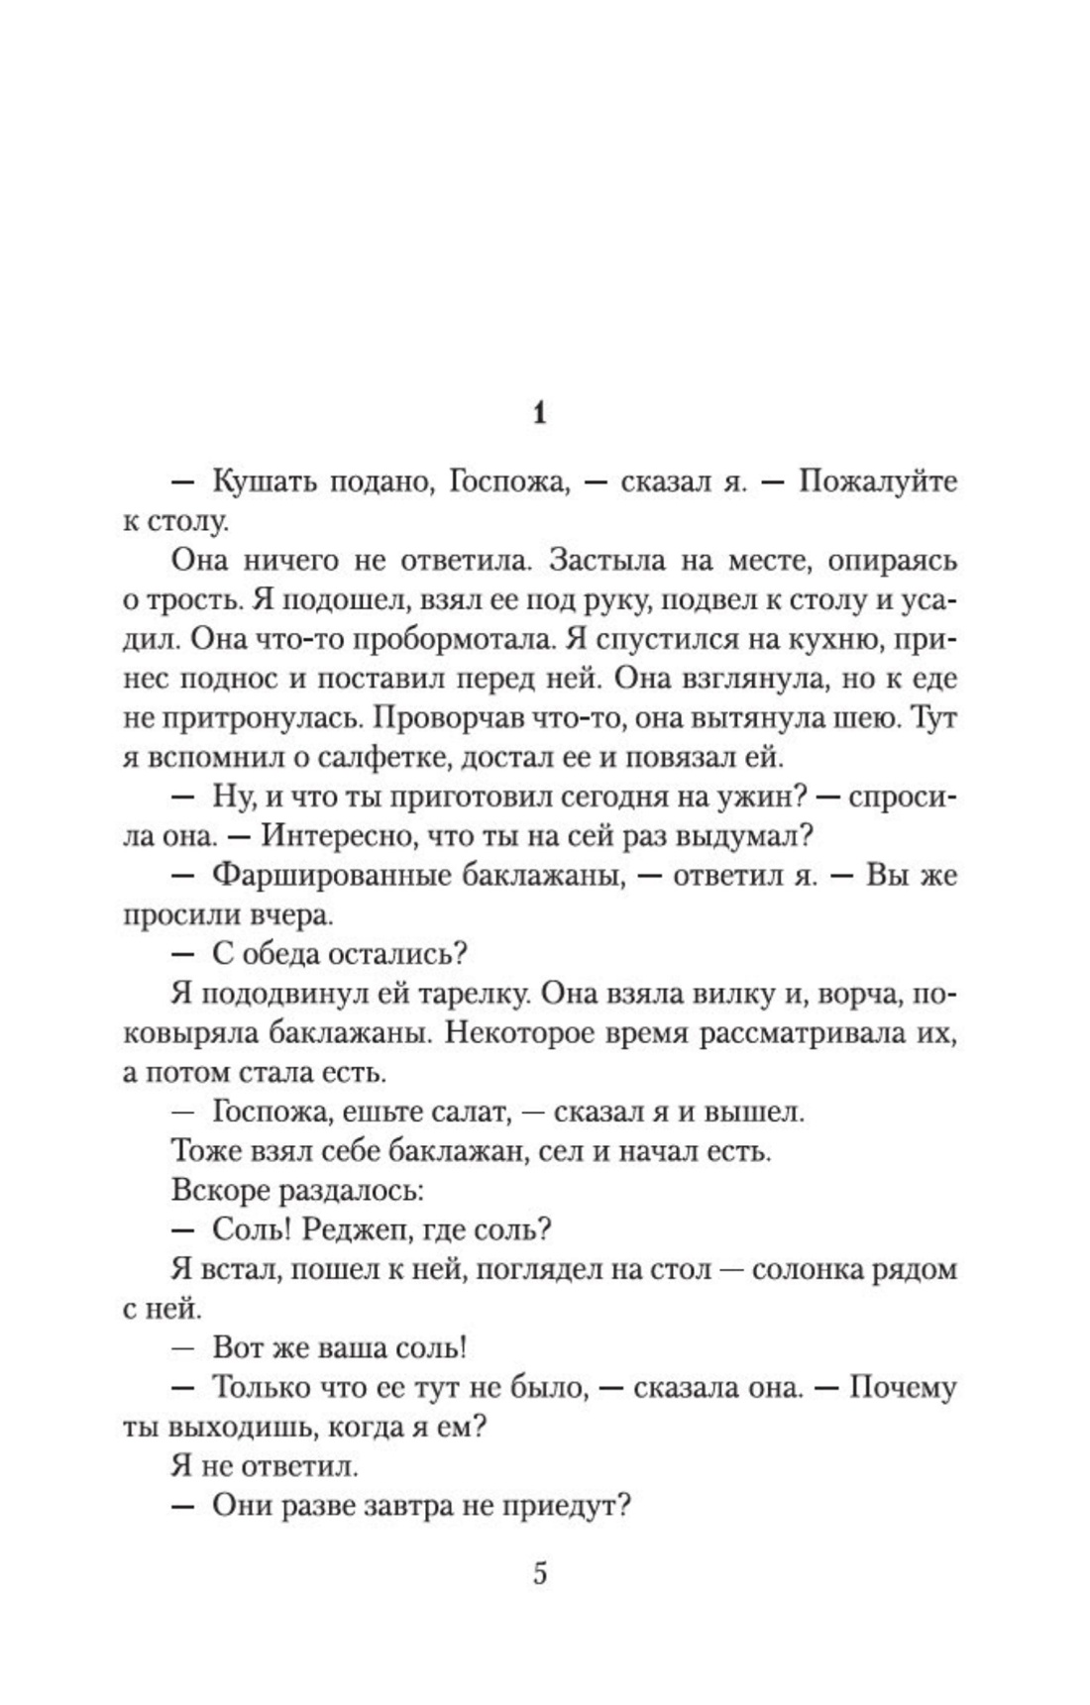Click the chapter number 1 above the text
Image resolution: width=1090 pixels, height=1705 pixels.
click(x=539, y=414)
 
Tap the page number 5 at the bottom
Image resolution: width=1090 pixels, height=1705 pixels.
click(x=540, y=1573)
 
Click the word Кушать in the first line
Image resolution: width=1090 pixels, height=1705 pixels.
click(x=261, y=482)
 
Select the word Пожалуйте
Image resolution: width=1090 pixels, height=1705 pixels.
click(x=878, y=482)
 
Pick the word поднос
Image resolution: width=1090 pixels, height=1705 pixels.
click(x=224, y=679)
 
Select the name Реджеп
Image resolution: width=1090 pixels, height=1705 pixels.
click(x=357, y=1230)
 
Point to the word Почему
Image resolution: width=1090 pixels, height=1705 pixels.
click(x=902, y=1388)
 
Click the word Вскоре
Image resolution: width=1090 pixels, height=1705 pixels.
click(x=222, y=1191)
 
